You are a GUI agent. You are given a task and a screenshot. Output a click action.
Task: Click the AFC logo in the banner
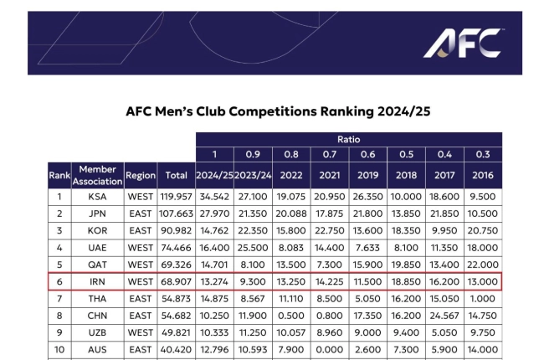point(464,43)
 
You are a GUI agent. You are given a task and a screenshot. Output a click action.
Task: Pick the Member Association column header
point(97,175)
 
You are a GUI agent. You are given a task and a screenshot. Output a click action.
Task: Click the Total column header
point(176,175)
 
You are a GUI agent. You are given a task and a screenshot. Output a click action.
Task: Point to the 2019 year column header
point(368,175)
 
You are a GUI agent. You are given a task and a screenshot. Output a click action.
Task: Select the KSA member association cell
point(97,198)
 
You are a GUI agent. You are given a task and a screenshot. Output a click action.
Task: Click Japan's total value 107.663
point(176,213)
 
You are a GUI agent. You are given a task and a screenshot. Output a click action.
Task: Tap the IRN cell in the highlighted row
point(97,280)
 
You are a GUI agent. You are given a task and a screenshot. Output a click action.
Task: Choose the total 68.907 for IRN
point(176,280)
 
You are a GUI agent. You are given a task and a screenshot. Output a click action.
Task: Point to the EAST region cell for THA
point(140,297)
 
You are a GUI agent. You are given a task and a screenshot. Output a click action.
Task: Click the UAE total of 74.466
point(176,247)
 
